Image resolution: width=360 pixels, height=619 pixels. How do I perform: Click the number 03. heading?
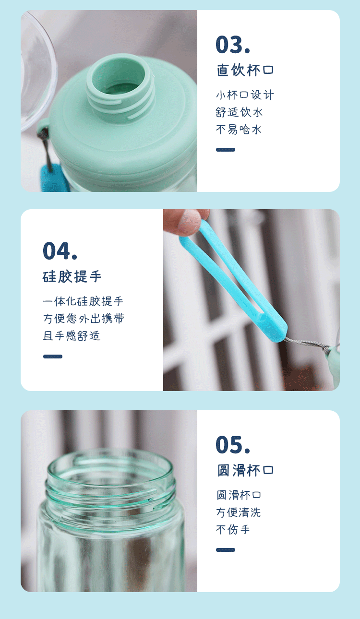pos(232,45)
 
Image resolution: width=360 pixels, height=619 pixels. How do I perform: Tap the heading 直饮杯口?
pos(245,70)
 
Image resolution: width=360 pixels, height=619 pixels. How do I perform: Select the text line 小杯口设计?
pos(245,95)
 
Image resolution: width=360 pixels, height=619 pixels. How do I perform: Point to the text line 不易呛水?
pos(239,130)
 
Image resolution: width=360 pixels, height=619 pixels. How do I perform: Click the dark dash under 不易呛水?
pos(226,150)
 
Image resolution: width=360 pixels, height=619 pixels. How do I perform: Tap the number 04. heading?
pos(60,251)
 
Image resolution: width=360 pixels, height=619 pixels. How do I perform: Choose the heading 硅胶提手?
pos(72,277)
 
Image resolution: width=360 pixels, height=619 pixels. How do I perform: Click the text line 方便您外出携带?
pos(84,319)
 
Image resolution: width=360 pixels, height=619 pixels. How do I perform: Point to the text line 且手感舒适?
pos(72,336)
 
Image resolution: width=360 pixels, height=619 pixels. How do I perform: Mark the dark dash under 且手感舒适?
pos(53,357)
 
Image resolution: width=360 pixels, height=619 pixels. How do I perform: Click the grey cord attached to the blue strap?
pos(307,344)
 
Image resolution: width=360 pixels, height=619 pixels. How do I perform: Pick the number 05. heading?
pos(232,444)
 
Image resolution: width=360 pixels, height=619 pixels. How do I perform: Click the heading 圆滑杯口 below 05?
pos(245,470)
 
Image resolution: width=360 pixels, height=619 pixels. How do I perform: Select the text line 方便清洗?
pos(239,512)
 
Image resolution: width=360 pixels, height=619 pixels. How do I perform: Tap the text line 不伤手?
pos(233,530)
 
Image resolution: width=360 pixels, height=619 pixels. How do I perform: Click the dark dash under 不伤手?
pos(226,550)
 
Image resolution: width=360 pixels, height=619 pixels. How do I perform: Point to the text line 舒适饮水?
pos(239,112)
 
